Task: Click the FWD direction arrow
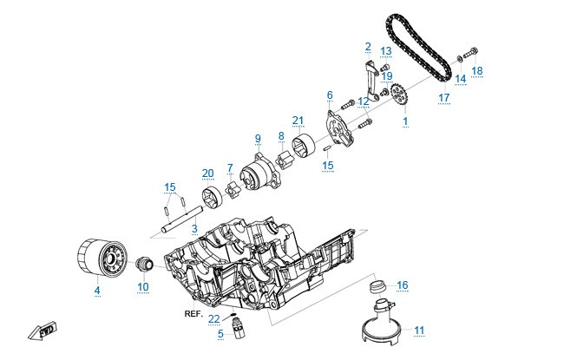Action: [43, 331]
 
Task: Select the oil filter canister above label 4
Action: [102, 258]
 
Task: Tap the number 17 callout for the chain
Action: [444, 97]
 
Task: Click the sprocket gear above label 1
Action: [398, 94]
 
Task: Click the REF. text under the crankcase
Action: [193, 314]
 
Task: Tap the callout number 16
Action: [403, 285]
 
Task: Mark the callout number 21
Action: [298, 121]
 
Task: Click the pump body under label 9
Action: [259, 173]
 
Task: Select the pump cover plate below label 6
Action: [338, 129]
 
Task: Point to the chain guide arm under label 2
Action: [371, 80]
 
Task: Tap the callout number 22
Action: [214, 319]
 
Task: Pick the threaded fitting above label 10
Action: [145, 265]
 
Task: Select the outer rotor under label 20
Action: [213, 198]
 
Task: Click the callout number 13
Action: [386, 50]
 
